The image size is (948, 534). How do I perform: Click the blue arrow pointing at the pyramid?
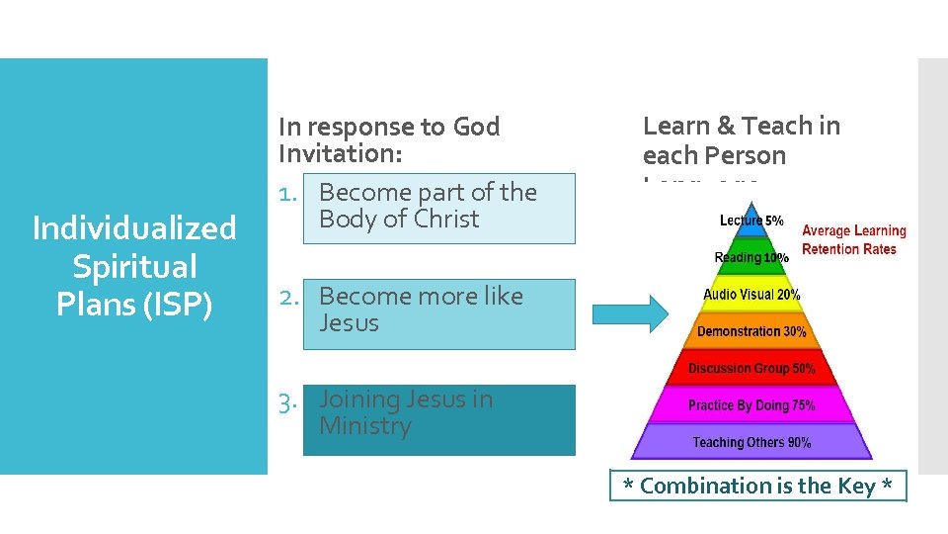[630, 314]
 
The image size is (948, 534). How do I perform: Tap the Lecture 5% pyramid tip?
[751, 221]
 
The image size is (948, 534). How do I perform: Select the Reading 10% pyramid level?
[751, 257]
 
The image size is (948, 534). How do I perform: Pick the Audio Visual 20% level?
[751, 295]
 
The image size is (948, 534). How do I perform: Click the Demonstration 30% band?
[751, 331]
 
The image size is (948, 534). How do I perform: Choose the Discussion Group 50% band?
[751, 369]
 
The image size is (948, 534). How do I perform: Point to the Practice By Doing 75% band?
[751, 405]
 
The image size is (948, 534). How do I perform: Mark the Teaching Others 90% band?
[751, 442]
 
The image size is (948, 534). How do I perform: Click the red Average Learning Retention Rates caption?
[853, 239]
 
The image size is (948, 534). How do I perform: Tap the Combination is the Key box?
[757, 486]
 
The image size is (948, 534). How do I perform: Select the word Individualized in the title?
[134, 228]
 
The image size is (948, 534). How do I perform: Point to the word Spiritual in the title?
[134, 267]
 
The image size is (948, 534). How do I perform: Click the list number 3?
[287, 400]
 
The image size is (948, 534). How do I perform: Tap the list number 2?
[287, 297]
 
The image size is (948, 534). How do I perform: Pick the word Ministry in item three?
[364, 426]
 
